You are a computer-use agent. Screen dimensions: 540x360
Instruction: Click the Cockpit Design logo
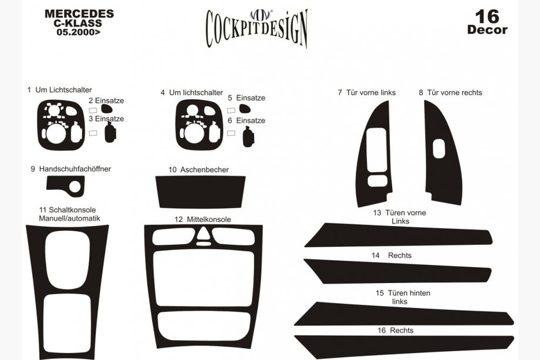(x=256, y=28)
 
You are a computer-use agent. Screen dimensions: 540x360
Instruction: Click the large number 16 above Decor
(x=487, y=16)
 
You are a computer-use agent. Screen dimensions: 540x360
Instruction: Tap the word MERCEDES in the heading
(x=79, y=14)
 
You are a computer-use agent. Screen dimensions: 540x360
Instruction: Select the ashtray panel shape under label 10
(x=200, y=192)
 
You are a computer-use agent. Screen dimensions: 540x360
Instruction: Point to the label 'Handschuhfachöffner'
(x=75, y=169)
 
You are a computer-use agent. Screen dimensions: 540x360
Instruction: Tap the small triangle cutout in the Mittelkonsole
(x=203, y=233)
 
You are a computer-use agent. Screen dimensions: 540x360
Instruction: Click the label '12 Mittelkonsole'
(x=203, y=220)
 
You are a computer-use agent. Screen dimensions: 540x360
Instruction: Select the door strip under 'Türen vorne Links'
(x=399, y=235)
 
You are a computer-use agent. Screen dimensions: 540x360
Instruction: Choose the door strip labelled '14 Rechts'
(x=398, y=271)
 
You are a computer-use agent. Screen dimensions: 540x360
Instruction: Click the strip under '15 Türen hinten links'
(x=404, y=314)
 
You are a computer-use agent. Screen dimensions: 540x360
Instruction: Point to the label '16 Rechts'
(x=396, y=331)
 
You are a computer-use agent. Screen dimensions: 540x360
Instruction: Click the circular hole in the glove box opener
(x=75, y=187)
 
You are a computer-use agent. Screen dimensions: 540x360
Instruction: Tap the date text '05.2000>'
(x=79, y=32)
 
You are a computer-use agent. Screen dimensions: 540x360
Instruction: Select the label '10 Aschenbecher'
(x=198, y=170)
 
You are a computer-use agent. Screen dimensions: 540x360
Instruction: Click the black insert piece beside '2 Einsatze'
(x=107, y=109)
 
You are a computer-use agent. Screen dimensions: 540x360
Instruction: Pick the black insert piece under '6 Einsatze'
(x=248, y=137)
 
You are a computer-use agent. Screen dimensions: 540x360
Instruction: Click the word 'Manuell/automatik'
(x=70, y=218)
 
